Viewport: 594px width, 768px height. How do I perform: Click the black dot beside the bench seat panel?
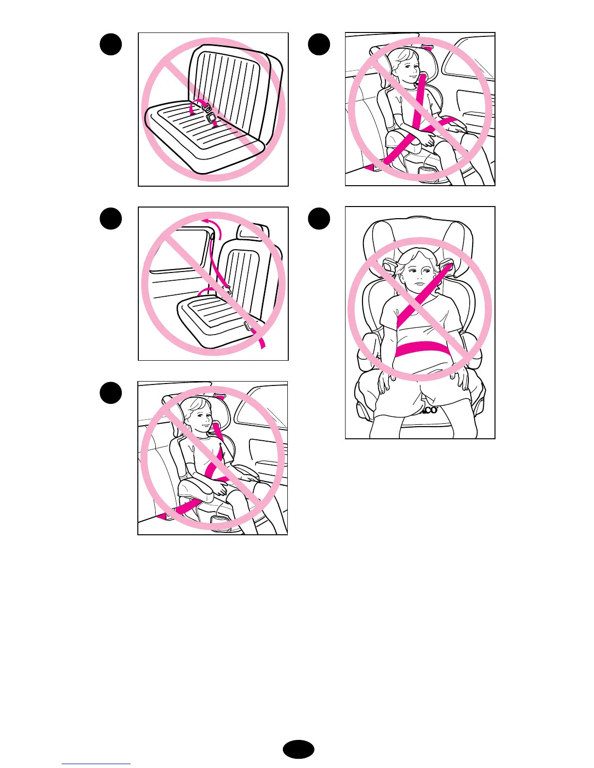(111, 45)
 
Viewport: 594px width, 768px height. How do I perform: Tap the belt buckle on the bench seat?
(211, 116)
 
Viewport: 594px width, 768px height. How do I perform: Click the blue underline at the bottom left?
(96, 764)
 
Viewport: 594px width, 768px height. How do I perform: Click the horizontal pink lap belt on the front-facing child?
(420, 349)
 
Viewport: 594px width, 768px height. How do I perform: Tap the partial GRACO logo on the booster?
(429, 410)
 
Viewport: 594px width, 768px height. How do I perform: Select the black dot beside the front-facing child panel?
(319, 219)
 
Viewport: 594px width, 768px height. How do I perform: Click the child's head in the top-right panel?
(405, 65)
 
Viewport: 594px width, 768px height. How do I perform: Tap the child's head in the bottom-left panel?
(198, 414)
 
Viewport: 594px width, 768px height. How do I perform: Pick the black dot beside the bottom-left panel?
(111, 393)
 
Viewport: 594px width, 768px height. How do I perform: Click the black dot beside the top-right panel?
(319, 45)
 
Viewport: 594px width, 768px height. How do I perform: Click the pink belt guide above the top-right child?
(427, 48)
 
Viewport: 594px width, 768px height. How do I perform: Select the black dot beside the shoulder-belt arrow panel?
(111, 219)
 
